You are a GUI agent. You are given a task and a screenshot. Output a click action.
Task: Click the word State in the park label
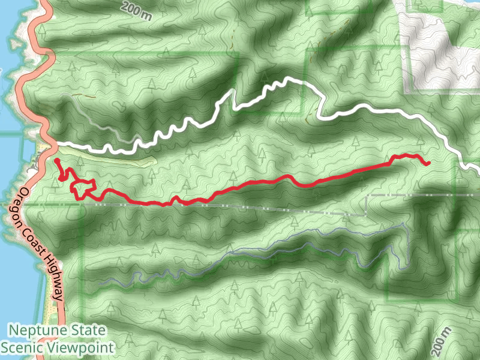(87, 331)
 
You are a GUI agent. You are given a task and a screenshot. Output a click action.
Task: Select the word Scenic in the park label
(20, 347)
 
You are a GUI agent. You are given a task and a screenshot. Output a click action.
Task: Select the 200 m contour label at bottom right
(442, 341)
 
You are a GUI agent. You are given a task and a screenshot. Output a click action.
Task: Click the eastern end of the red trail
(428, 163)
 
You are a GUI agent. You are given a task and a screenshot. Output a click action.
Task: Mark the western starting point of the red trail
(56, 161)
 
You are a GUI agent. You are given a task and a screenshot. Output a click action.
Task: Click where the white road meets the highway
(50, 143)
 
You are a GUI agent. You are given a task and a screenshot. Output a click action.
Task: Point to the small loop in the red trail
(84, 188)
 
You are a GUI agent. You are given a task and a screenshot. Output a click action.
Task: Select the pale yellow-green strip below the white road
(120, 158)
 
